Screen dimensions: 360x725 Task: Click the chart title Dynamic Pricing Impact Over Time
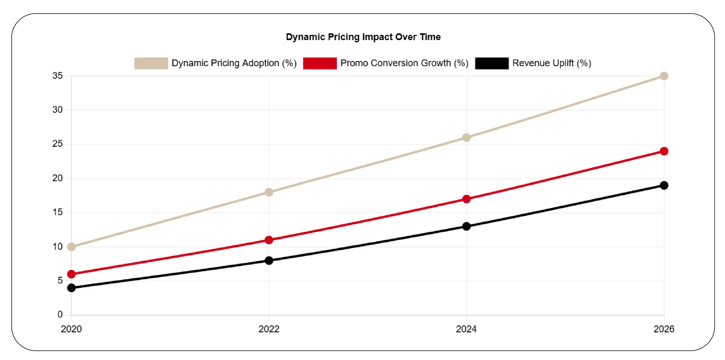tap(363, 37)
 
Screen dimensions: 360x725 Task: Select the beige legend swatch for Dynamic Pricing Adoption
tap(151, 63)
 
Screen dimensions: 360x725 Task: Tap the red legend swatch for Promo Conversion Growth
tap(320, 63)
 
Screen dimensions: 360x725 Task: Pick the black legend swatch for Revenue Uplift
tap(491, 63)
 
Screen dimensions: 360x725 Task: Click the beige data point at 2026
tap(664, 76)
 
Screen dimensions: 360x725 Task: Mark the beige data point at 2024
tap(466, 137)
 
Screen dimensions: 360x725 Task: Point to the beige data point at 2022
tap(269, 192)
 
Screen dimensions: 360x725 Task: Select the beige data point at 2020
tap(71, 247)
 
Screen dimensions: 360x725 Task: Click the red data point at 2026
tap(664, 151)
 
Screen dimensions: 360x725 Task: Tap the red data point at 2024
tap(466, 199)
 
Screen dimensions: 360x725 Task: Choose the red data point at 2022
tap(269, 240)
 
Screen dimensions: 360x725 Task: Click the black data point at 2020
tap(71, 288)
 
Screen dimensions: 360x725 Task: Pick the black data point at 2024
tap(466, 226)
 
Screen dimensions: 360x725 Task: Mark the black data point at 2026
tap(664, 185)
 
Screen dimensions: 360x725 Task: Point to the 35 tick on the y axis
tap(57, 76)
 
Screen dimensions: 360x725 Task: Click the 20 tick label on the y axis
tap(57, 178)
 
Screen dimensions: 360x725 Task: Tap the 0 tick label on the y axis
tap(60, 315)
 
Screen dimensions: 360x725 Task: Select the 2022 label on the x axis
tap(269, 329)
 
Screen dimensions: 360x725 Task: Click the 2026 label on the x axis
tap(664, 329)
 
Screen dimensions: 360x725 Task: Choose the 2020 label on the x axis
tap(71, 329)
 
